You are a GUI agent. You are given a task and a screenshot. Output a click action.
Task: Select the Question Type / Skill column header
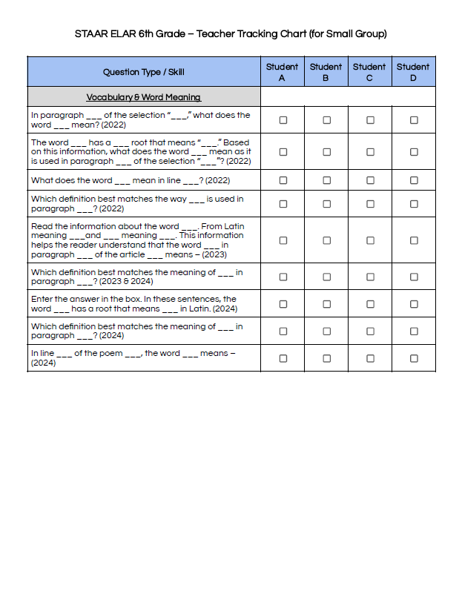pos(144,72)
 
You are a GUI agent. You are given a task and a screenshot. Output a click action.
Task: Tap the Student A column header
pos(283,72)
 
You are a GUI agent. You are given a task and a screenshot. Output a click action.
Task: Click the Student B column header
pos(326,72)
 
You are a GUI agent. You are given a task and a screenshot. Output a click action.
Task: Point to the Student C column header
pos(369,72)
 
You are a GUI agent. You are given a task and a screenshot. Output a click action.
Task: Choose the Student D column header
pos(413,72)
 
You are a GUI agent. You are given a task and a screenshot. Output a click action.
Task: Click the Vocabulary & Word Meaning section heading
pos(144,97)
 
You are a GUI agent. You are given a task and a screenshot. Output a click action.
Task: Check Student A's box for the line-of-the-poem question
pos(283,358)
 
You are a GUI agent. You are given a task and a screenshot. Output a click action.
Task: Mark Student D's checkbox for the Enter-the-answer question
pos(413,304)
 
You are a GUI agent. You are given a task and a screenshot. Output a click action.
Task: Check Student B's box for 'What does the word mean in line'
pos(326,180)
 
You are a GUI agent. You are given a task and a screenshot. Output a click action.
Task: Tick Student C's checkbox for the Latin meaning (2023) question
pos(369,240)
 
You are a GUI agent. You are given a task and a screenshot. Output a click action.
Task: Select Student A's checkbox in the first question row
pos(283,120)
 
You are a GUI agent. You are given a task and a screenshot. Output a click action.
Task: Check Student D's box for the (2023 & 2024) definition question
pos(413,277)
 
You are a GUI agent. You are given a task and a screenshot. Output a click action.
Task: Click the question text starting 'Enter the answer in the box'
pos(133,304)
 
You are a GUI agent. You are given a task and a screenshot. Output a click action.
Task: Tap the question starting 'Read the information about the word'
pos(138,240)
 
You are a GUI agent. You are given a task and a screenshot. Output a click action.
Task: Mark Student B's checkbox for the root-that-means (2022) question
pos(326,152)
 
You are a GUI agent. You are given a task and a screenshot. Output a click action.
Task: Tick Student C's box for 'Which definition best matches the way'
pos(369,204)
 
